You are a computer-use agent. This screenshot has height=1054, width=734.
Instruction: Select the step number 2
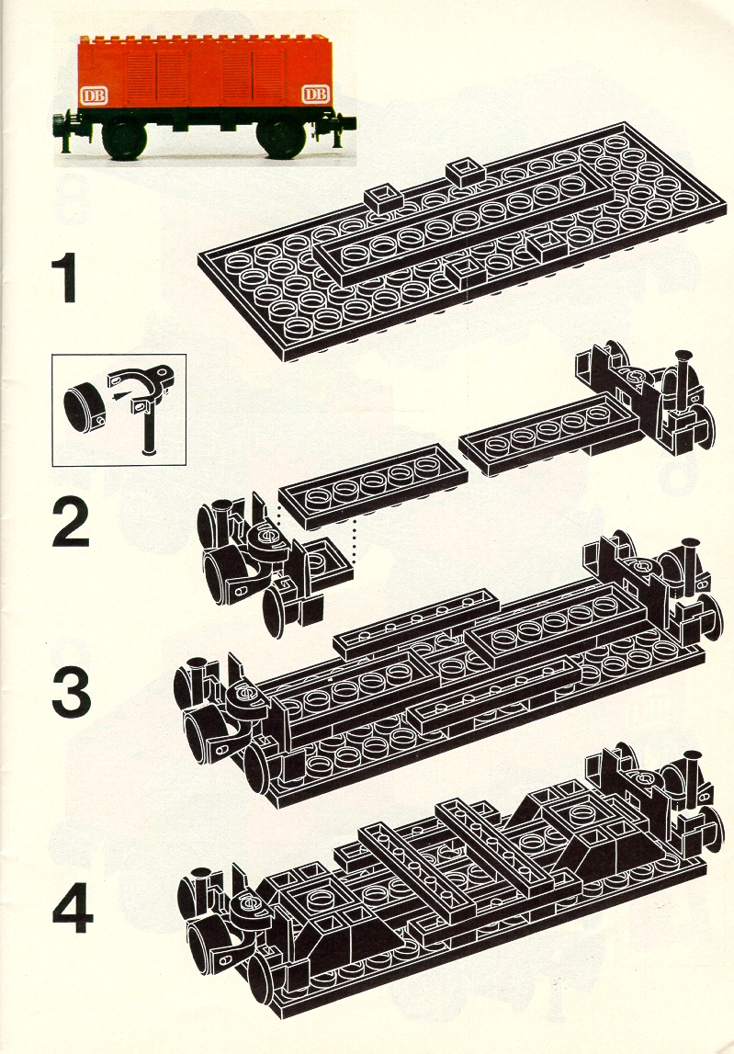[70, 522]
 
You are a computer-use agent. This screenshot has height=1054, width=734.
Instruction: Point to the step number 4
[72, 909]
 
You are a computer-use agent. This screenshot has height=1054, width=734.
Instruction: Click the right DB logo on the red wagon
[316, 94]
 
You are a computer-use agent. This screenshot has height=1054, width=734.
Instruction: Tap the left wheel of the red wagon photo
[124, 139]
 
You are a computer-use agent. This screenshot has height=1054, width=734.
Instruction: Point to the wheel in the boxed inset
[84, 406]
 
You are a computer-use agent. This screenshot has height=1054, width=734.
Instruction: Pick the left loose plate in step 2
[373, 486]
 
